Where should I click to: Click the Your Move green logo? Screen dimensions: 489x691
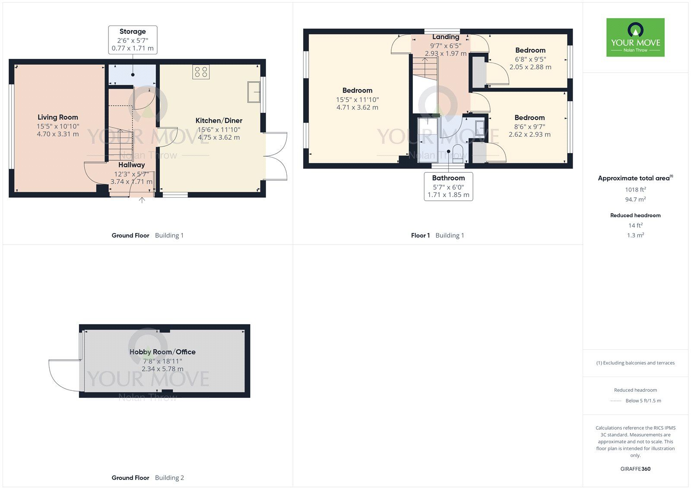(635, 37)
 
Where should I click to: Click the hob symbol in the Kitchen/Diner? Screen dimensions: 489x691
(201, 72)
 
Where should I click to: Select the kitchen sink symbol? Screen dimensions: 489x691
(254, 92)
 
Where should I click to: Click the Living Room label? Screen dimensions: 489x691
(58, 117)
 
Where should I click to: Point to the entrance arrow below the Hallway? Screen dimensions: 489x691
(143, 200)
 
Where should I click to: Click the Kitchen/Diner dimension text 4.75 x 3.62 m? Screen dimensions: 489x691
(219, 137)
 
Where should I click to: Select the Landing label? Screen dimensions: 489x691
(446, 37)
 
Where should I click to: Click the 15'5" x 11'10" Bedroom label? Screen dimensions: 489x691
(357, 91)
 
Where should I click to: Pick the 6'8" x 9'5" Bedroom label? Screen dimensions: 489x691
(530, 51)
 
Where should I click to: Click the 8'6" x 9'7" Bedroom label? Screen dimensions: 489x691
(529, 118)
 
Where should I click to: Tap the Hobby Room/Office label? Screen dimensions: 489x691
(162, 352)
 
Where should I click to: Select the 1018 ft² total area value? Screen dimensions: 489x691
(635, 189)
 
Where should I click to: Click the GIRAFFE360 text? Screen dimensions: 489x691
(635, 469)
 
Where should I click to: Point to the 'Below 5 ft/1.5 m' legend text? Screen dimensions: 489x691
(643, 401)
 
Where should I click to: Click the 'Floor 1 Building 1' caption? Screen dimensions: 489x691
(437, 236)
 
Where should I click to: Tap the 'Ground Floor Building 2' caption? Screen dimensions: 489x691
(148, 478)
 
